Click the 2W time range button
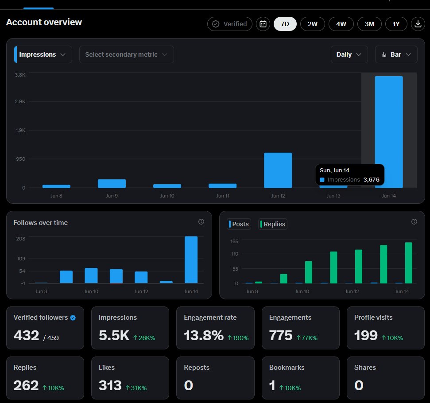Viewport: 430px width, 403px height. tap(312, 24)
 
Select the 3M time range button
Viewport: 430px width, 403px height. tap(369, 24)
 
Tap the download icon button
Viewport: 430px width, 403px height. tap(418, 24)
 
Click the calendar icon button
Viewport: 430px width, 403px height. tap(263, 24)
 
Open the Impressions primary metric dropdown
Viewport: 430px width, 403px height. tap(43, 54)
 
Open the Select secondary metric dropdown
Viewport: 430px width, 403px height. tap(126, 54)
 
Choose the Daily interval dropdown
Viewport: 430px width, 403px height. tap(349, 54)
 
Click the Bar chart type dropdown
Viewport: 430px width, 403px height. tap(396, 54)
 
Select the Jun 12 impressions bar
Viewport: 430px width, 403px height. tap(278, 170)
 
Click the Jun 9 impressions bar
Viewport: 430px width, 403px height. tap(112, 183)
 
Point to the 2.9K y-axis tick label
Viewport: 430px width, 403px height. tap(20, 101)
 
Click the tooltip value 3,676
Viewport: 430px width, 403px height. tap(371, 180)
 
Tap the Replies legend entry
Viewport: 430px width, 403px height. tap(273, 224)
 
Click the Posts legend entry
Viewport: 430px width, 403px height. tap(239, 224)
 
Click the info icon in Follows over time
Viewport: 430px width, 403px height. tap(201, 222)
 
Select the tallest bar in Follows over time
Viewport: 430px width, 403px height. tap(191, 260)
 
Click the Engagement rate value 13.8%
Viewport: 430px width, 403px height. tap(203, 336)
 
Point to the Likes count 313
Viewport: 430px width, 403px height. tap(110, 385)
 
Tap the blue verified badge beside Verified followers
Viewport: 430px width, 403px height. tap(73, 318)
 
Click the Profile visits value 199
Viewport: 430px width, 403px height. tap(365, 336)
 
